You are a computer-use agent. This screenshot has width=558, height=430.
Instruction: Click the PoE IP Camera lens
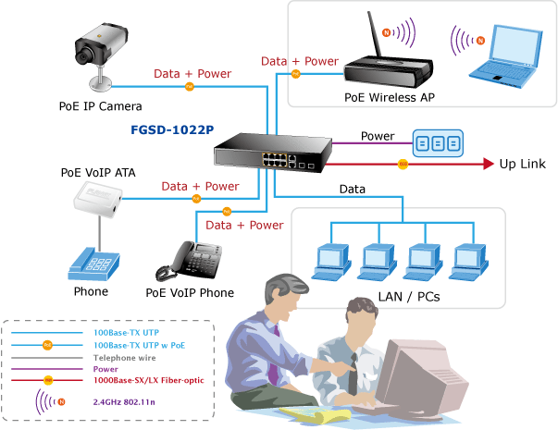pos(83,56)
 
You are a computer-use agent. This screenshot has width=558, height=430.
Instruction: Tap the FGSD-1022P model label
pos(172,129)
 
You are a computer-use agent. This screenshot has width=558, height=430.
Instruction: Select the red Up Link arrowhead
pos(489,164)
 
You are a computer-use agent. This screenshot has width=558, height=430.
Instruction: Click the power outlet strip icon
pos(438,143)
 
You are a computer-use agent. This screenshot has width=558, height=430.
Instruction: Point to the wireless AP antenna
pos(374,34)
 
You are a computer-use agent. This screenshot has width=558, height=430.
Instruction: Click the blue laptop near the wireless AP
pos(505,56)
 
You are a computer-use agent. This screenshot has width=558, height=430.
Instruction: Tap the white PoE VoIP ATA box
pos(98,200)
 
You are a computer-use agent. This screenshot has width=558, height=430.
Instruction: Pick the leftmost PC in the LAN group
pos(331,262)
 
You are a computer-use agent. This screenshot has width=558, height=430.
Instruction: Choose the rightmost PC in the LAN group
pos(468,262)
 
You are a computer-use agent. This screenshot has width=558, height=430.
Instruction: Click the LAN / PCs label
pos(409,297)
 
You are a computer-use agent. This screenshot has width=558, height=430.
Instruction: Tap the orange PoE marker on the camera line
pos(190,86)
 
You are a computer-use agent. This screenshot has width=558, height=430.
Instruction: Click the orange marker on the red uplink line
pos(403,164)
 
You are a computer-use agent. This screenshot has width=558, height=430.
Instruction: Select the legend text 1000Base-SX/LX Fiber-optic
pos(149,380)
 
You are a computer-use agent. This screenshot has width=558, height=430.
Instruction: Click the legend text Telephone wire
pos(125,358)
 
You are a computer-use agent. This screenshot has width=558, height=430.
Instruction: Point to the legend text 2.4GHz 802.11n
pos(124,402)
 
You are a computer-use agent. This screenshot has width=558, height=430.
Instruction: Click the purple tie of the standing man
pos(274,359)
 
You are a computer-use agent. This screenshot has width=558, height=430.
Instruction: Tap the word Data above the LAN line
pos(353,190)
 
